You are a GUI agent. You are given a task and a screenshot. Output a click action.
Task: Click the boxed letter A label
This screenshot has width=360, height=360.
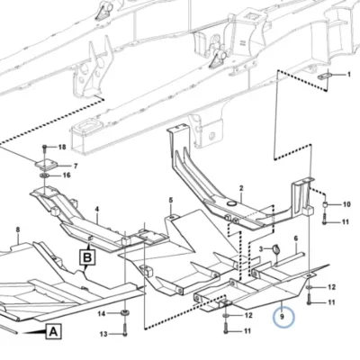pyautogui.click(x=54, y=331)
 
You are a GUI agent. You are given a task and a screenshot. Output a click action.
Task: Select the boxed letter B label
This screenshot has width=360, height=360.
pyautogui.click(x=87, y=257)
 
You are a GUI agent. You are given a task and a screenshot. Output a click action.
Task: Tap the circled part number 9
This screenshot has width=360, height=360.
pyautogui.click(x=283, y=317)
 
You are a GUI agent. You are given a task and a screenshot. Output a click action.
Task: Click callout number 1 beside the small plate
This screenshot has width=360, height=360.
pyautogui.click(x=348, y=74)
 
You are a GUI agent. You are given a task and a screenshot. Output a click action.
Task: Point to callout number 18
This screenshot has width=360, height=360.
pyautogui.click(x=62, y=147)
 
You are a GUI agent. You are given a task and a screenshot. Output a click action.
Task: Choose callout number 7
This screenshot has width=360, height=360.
pyautogui.click(x=76, y=166)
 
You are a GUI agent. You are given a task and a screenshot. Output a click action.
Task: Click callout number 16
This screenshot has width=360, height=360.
pyautogui.click(x=67, y=175)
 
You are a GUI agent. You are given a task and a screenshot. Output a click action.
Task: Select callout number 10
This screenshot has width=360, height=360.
pyautogui.click(x=346, y=204)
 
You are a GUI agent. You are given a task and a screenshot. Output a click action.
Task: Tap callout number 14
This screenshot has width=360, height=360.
pyautogui.click(x=102, y=314)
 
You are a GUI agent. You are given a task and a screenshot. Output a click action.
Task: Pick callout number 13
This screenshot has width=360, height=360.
pyautogui.click(x=103, y=334)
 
